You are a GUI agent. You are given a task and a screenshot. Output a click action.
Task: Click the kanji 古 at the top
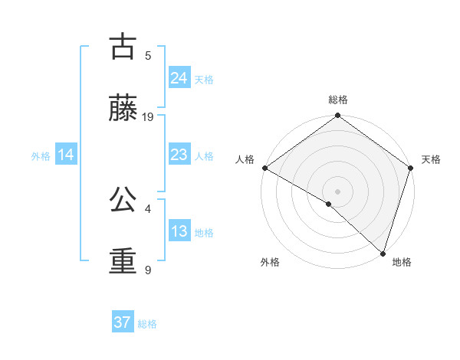(123, 47)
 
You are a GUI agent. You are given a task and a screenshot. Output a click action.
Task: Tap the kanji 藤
(123, 109)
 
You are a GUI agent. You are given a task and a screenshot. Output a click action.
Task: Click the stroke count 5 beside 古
(148, 56)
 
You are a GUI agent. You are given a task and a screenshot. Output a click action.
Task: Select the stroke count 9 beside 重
(148, 270)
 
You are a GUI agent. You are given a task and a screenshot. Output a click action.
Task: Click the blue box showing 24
(179, 78)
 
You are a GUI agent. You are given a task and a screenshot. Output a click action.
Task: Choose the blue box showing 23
(179, 155)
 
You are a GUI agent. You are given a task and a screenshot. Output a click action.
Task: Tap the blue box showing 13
(179, 232)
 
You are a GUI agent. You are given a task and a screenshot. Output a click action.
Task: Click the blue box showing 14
(66, 155)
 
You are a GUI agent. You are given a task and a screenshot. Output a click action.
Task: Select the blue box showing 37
(122, 322)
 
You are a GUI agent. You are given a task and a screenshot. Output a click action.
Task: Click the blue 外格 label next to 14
(41, 156)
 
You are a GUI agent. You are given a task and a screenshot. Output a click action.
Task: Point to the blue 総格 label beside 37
(147, 324)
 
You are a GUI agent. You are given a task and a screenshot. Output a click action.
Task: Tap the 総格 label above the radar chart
(338, 100)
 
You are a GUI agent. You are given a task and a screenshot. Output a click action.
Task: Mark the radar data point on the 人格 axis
(264, 168)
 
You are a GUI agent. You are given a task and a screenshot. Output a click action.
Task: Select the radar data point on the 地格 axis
(383, 253)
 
